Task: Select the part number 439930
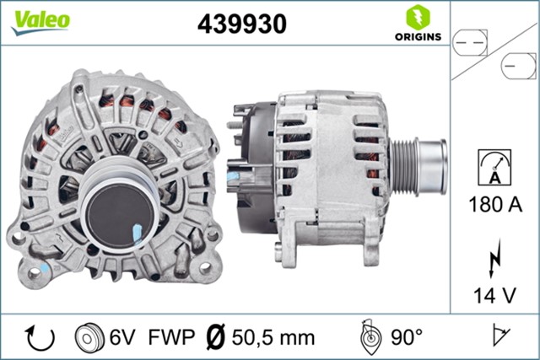242,24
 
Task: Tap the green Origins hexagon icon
415,16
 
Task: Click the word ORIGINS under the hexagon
415,36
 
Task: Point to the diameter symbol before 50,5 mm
216,337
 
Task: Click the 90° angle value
407,337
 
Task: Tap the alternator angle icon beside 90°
369,336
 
